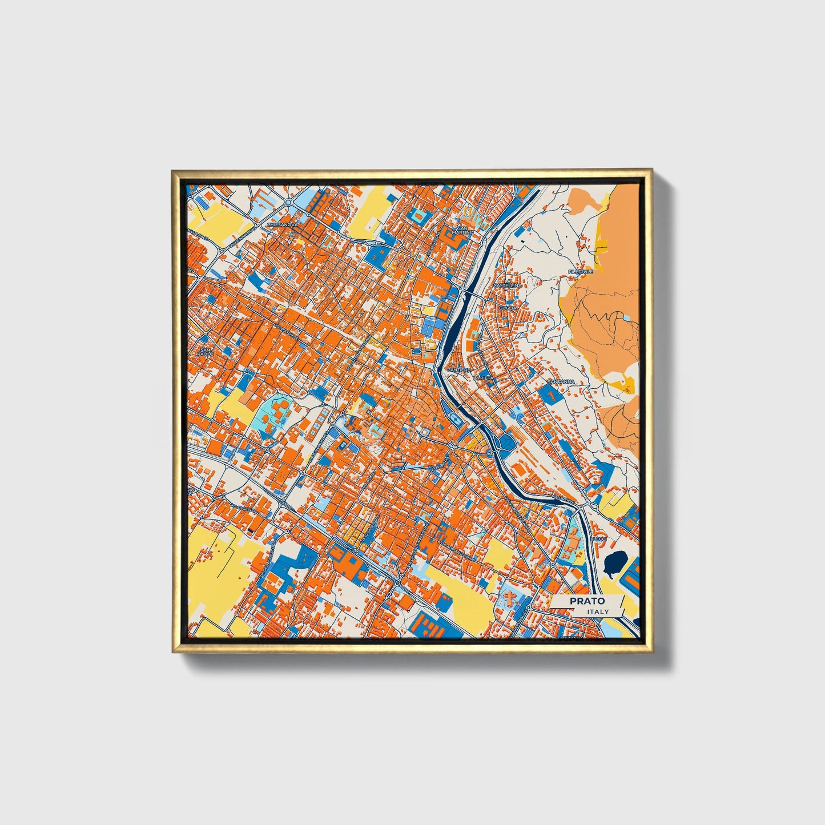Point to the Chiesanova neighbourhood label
click(283, 225)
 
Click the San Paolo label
click(206, 351)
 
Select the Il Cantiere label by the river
click(460, 369)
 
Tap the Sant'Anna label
click(560, 381)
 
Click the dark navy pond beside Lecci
click(614, 562)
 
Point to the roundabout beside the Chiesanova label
click(288, 203)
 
